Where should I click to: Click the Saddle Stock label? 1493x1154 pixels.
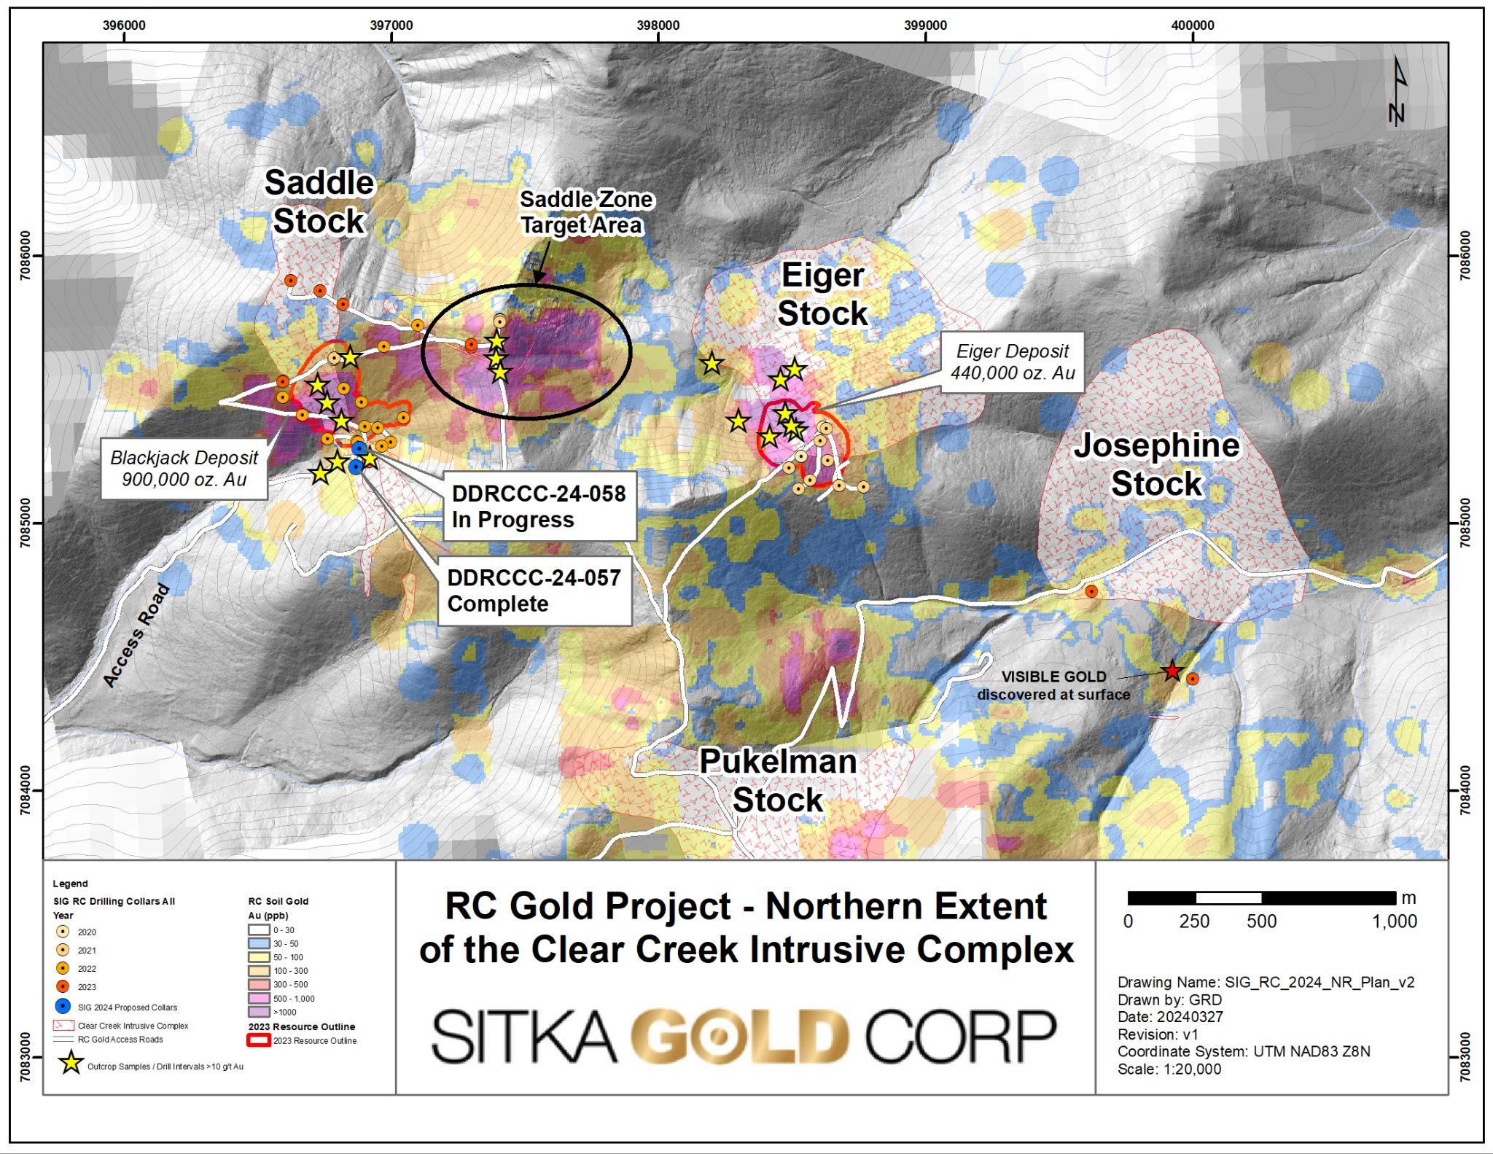[319, 202]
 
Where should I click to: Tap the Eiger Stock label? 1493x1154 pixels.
[822, 295]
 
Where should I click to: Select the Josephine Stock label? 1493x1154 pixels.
[1156, 464]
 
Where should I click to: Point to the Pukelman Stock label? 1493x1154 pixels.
[778, 781]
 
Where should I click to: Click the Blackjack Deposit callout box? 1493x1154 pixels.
[184, 468]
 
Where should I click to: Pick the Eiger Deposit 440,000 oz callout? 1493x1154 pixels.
[1012, 362]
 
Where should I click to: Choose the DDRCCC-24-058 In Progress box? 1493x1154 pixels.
[539, 507]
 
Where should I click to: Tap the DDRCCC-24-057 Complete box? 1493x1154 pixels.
[534, 590]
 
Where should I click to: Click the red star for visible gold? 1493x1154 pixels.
[1171, 671]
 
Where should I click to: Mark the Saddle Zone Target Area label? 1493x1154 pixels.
[580, 212]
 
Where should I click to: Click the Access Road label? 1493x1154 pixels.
[136, 636]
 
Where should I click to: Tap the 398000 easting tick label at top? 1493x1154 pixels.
[658, 26]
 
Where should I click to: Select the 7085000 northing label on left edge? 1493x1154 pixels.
[26, 523]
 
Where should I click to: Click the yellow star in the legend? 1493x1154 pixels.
[71, 1064]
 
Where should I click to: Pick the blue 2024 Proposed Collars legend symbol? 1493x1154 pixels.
[63, 1007]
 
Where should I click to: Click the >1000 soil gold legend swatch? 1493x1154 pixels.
[259, 1012]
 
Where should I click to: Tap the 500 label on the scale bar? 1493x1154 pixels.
[1261, 921]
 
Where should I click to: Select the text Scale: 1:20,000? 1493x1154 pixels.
[1169, 1069]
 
